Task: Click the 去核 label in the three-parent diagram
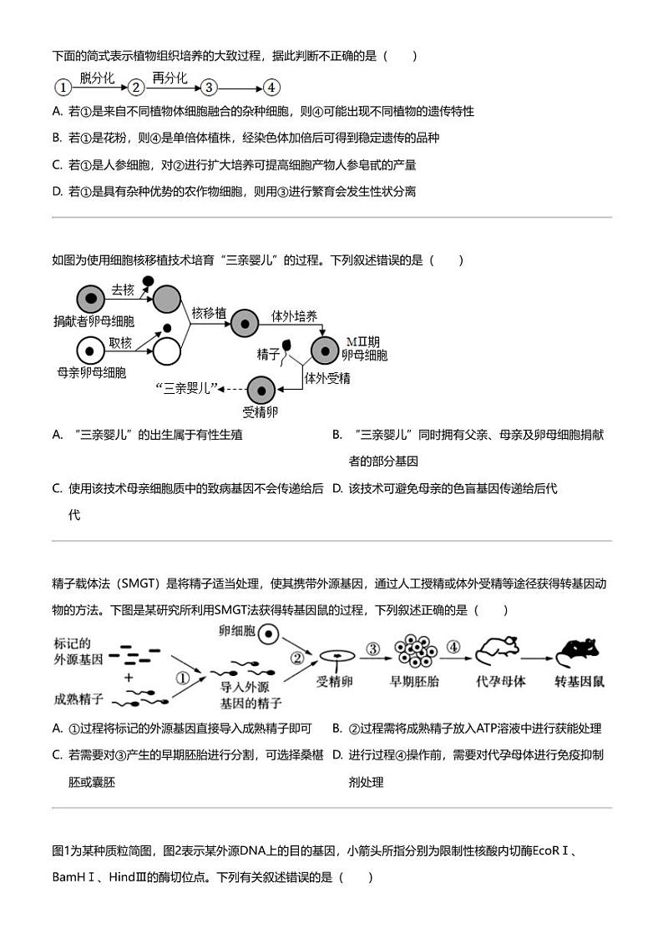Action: (123, 290)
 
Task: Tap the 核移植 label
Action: (208, 314)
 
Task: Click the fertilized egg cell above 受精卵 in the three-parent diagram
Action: (261, 389)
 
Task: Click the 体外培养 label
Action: (293, 316)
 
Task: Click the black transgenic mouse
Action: (582, 654)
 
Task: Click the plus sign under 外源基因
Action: (129, 678)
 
